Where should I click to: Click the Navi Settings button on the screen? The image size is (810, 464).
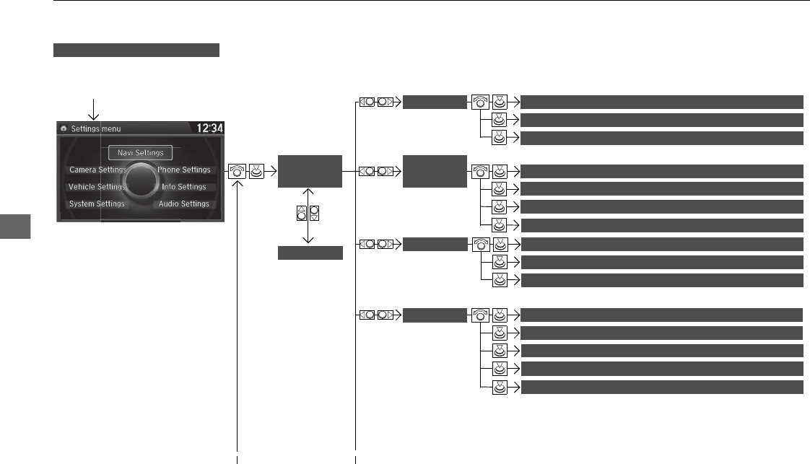pos(141,152)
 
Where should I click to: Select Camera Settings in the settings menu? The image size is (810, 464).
pos(97,170)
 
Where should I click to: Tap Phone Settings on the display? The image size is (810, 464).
pos(184,170)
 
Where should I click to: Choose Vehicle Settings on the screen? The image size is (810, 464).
pos(97,187)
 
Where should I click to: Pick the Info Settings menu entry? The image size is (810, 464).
pos(184,187)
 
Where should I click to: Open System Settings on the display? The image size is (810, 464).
pos(97,204)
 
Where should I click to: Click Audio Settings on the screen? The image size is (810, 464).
pos(184,204)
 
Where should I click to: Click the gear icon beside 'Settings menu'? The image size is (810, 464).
pos(64,128)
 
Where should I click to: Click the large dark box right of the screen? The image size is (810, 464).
pos(310,171)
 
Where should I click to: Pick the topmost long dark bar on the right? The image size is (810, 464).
pos(662,101)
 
